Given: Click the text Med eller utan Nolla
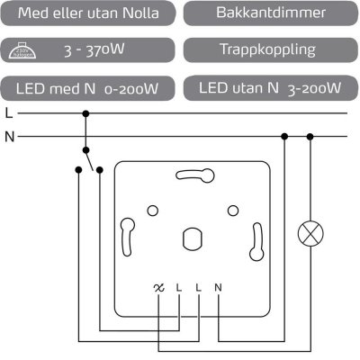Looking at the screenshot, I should [90, 13].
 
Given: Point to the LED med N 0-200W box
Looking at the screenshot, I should [90, 88].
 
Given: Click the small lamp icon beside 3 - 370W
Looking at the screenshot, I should [28, 51].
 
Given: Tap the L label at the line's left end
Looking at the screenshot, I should [9, 114].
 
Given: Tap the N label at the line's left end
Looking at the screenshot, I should [9, 137].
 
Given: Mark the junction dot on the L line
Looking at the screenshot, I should [85, 114].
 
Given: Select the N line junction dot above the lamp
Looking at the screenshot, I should [310, 137].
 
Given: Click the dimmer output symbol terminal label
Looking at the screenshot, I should [159, 288].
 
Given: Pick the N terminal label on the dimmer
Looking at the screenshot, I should [218, 288].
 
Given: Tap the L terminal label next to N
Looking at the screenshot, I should [198, 288].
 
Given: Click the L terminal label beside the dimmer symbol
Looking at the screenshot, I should [179, 288].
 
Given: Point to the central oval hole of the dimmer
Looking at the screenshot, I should [191, 238].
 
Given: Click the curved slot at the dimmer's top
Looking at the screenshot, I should [192, 175].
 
